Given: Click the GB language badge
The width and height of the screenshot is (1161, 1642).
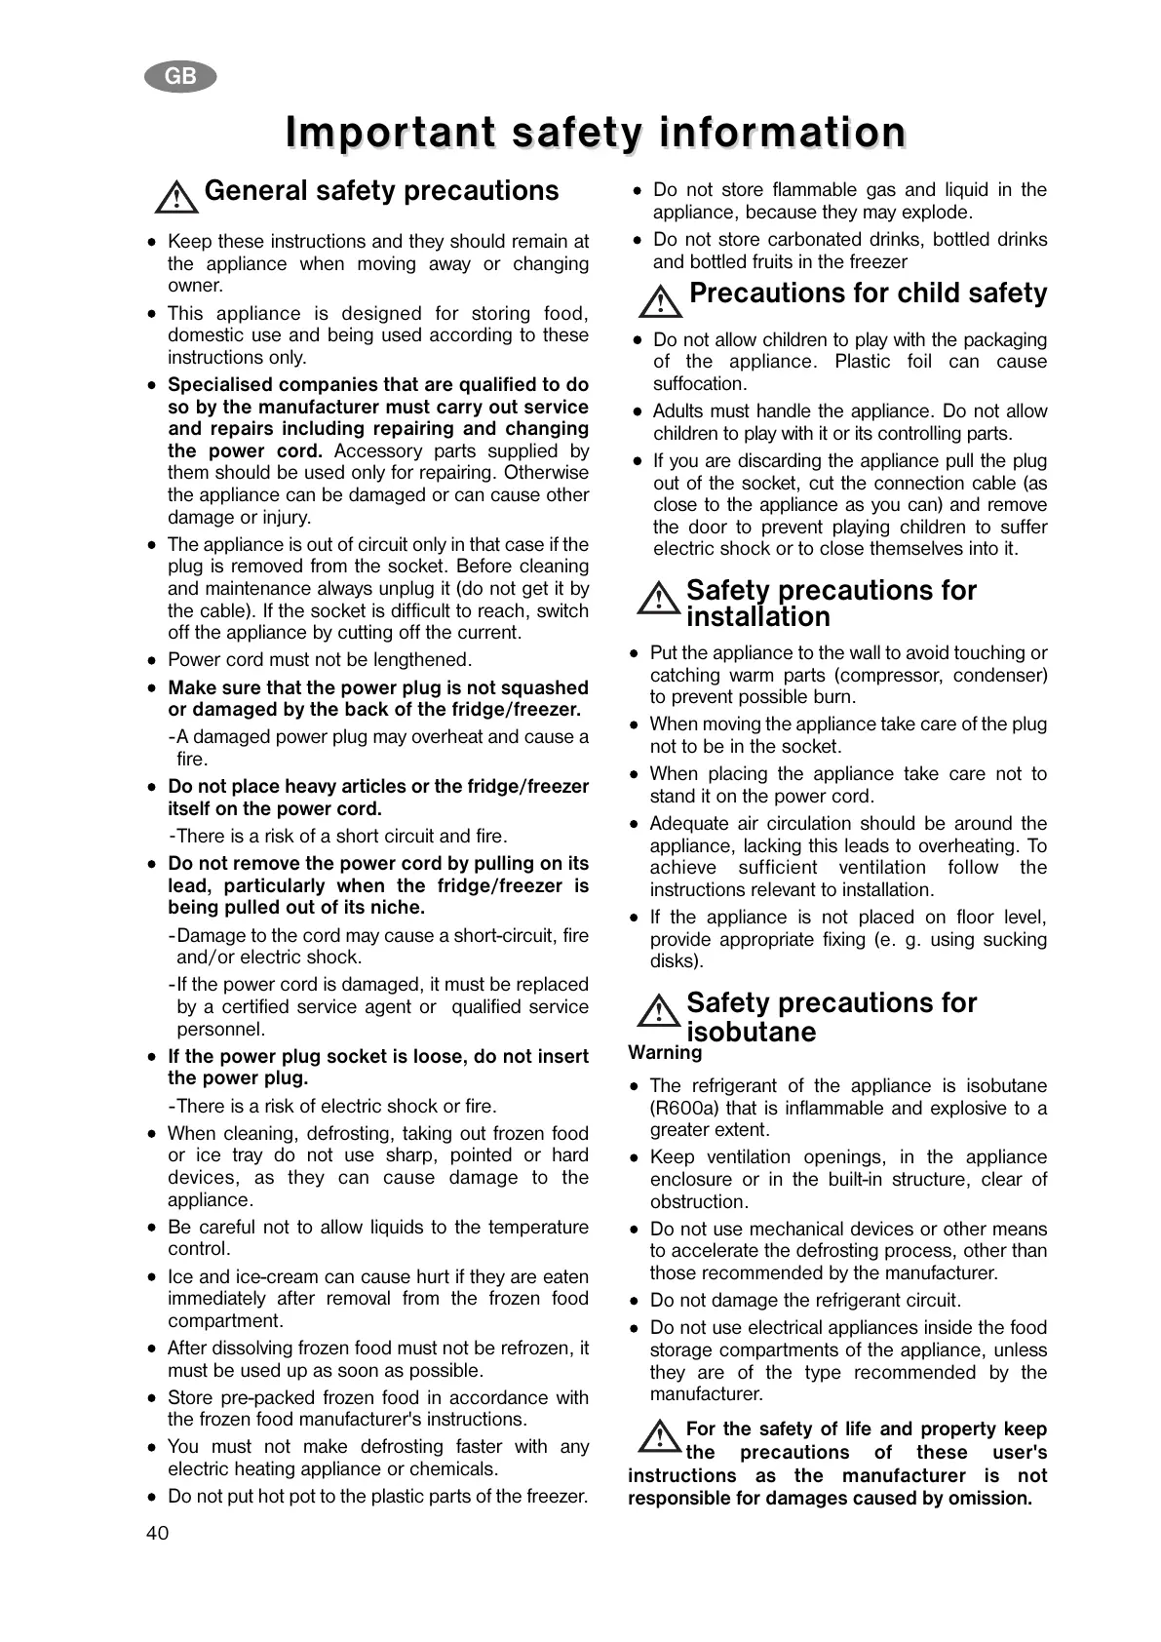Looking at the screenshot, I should pyautogui.click(x=180, y=77).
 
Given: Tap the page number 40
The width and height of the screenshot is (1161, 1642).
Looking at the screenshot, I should pyautogui.click(x=157, y=1533).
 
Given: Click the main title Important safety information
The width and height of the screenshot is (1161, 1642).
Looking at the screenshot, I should pyautogui.click(x=596, y=133).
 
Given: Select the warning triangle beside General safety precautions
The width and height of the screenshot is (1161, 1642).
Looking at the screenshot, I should pyautogui.click(x=176, y=197).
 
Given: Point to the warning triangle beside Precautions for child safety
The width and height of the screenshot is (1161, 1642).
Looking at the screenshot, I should pyautogui.click(x=661, y=300).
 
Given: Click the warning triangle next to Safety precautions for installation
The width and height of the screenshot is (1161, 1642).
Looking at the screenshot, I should pyautogui.click(x=659, y=598).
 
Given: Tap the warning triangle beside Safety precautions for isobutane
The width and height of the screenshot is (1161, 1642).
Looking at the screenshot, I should pyautogui.click(x=659, y=1010).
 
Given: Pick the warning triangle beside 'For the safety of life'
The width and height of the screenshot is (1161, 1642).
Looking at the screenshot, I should pyautogui.click(x=660, y=1435).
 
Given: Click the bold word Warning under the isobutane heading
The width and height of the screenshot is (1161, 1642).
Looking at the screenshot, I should pyautogui.click(x=665, y=1053).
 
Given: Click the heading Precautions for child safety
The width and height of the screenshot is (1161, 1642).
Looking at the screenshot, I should pyautogui.click(x=868, y=293).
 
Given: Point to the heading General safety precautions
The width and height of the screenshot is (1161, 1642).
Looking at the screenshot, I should pyautogui.click(x=381, y=191).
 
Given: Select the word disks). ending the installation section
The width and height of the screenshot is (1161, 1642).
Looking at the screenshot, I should pyautogui.click(x=677, y=961).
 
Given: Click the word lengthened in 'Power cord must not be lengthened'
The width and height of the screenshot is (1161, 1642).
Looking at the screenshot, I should pyautogui.click(x=423, y=660).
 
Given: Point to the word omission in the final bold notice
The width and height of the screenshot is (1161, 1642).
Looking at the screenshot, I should pyautogui.click(x=988, y=1499).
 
